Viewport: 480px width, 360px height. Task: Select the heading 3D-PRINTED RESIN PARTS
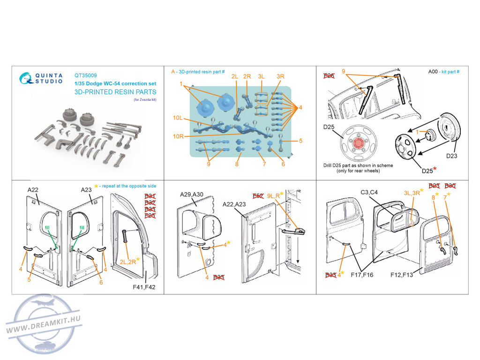point(115,92)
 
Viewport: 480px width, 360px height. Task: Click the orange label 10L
point(178,118)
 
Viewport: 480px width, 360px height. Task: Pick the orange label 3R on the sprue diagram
point(280,76)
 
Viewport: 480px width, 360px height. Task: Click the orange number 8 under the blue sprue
point(237,164)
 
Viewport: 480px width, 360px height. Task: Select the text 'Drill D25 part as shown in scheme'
point(358,165)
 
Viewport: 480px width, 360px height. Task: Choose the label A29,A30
point(192,195)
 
